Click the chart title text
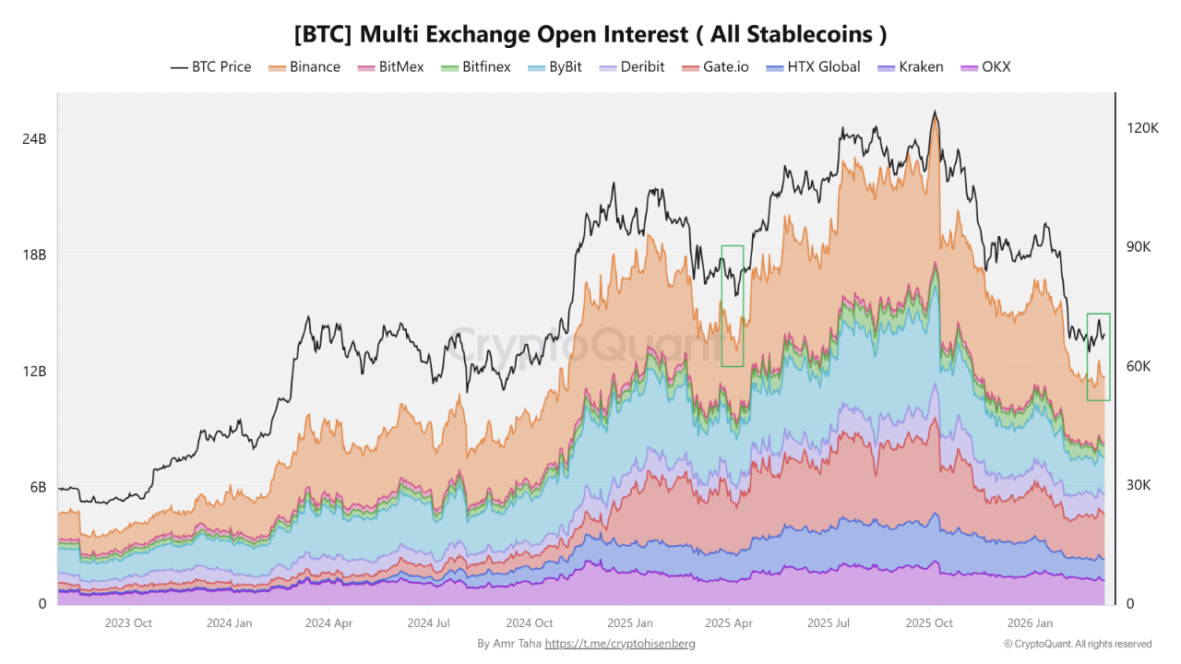590,34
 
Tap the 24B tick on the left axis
34,138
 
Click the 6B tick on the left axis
38,487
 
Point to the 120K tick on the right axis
1141,127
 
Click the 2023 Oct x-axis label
129,623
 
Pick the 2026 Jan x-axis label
1031,623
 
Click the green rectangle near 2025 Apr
733,305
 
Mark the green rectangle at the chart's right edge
1098,357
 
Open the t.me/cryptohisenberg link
620,644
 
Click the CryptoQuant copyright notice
1077,644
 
